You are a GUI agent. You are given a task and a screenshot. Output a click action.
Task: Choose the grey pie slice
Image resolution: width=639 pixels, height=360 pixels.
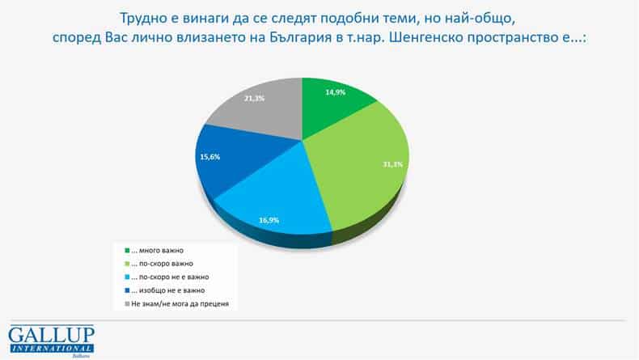tap(259, 109)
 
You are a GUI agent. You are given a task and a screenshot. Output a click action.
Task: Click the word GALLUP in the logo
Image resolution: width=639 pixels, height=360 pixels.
tap(51, 335)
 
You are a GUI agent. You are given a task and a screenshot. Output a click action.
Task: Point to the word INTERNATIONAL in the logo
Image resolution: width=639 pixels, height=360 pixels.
tap(51, 348)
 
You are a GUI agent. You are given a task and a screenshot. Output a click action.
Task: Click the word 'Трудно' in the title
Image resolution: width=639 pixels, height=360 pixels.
tap(143, 17)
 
